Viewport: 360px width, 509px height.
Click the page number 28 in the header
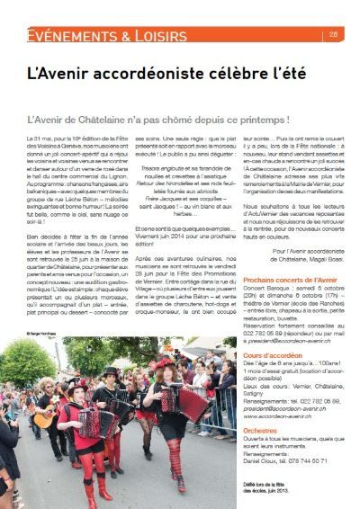click(334, 35)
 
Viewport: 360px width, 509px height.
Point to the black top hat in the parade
click(111, 370)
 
